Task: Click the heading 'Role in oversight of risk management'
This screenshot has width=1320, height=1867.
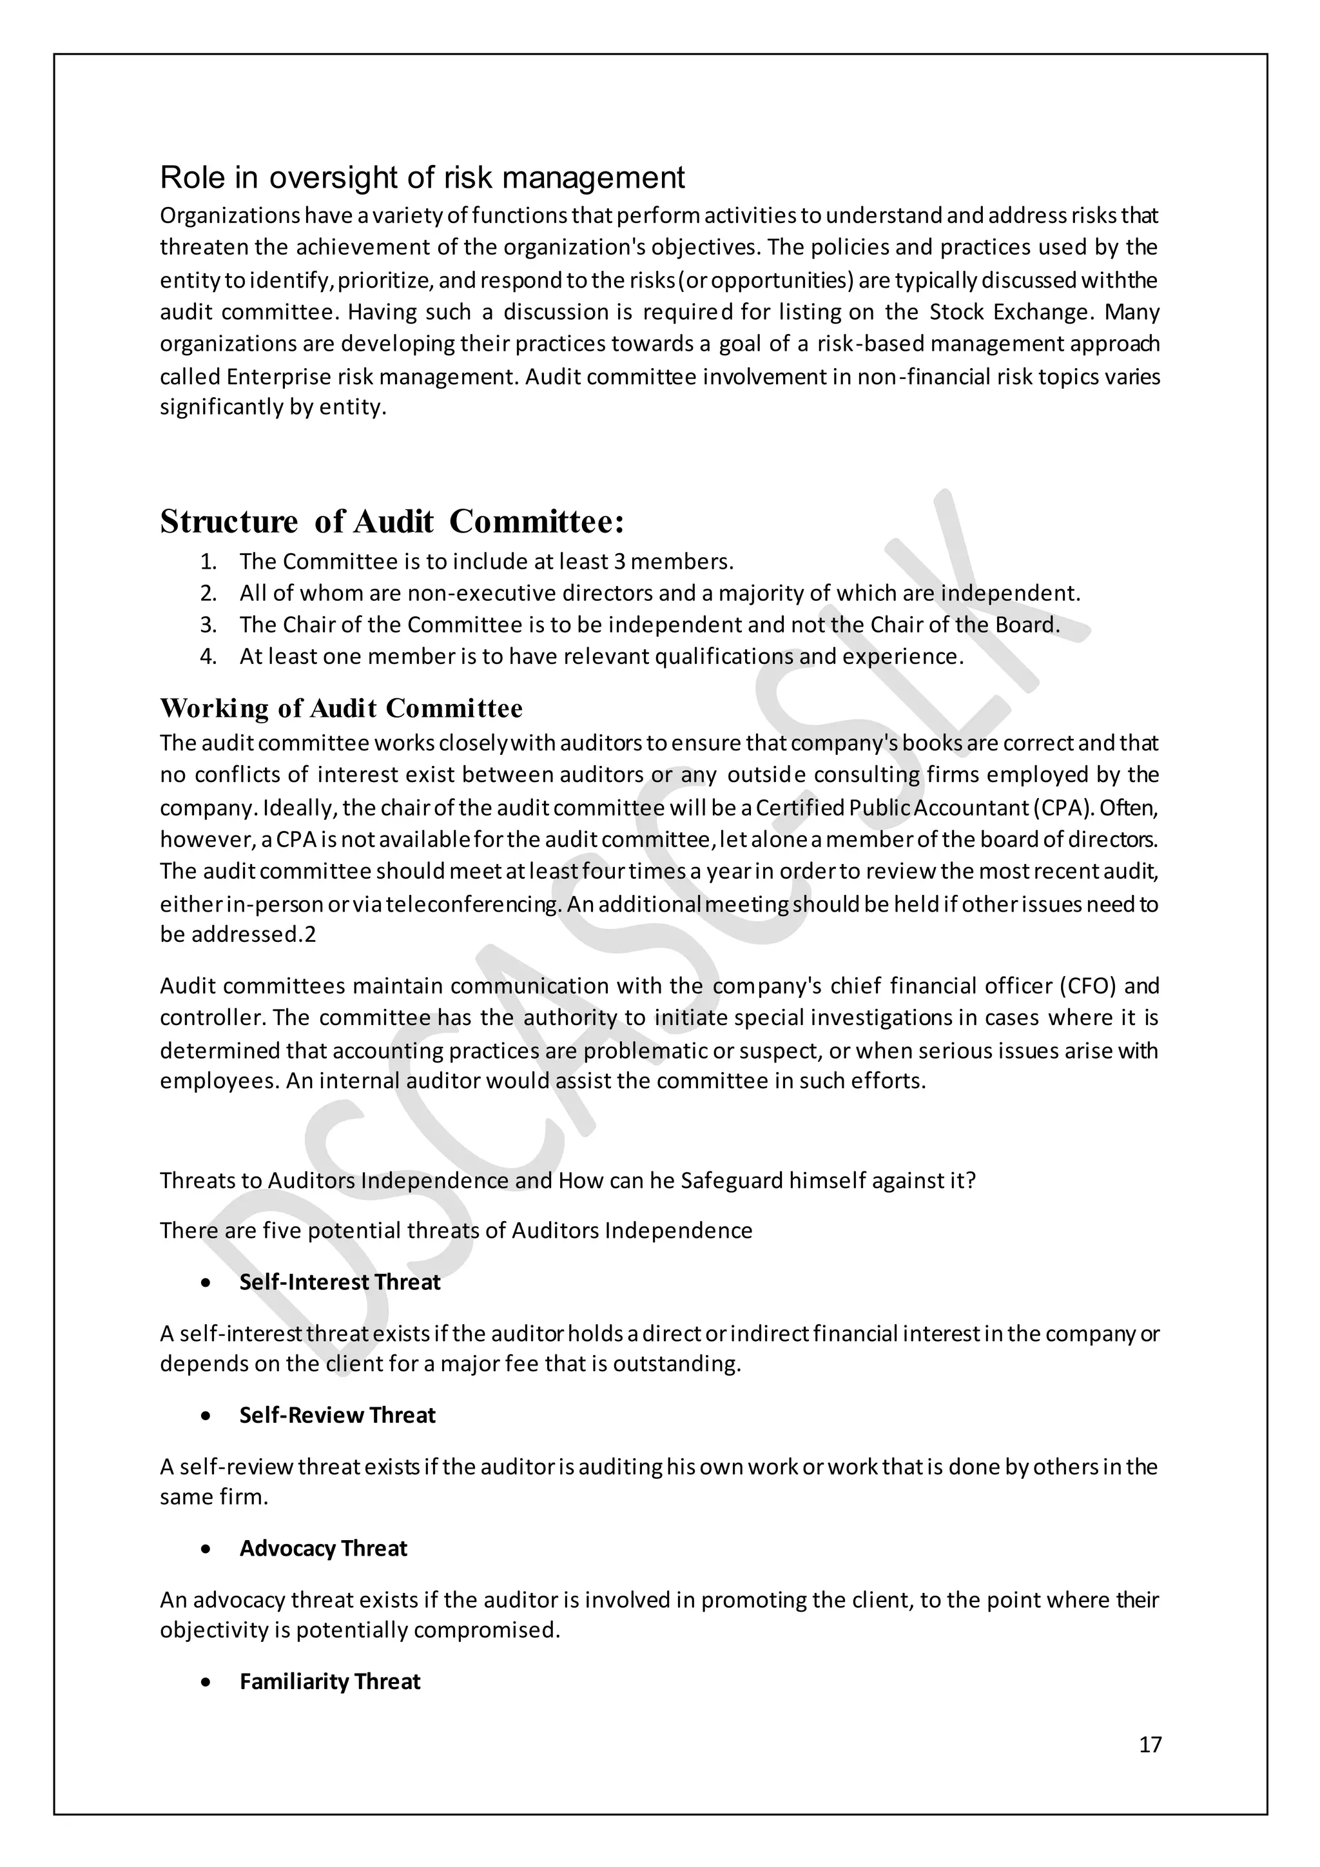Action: tap(422, 178)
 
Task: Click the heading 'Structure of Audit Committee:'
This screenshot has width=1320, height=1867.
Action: tap(392, 522)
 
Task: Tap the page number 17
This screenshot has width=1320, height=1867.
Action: tap(1150, 1745)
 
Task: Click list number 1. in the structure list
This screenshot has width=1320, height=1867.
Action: tap(208, 562)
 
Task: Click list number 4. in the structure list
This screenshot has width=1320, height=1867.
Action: tap(208, 657)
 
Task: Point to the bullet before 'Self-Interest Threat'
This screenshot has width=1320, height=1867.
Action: tap(208, 1282)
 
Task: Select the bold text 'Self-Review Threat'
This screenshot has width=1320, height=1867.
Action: tap(337, 1416)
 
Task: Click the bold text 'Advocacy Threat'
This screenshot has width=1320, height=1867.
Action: tap(323, 1549)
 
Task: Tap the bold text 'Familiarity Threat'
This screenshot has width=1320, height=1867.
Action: tap(330, 1681)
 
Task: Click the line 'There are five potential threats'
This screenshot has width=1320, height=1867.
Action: tap(455, 1230)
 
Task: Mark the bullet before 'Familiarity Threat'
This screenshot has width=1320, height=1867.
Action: tap(208, 1681)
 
